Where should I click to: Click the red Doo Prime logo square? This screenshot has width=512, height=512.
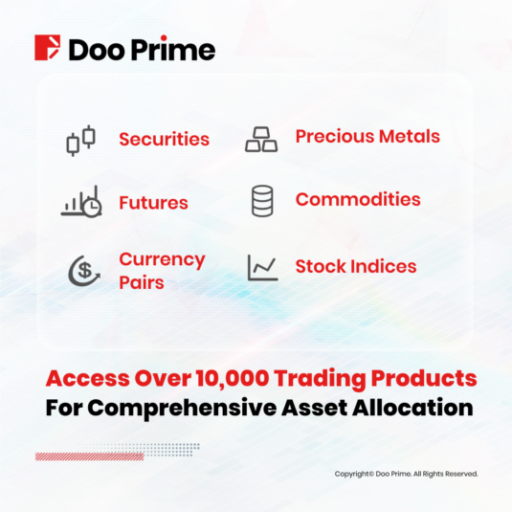click(47, 48)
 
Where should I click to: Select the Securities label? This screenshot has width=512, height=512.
click(165, 139)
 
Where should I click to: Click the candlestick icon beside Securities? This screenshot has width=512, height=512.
click(81, 141)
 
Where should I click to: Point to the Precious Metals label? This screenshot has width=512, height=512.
click(367, 136)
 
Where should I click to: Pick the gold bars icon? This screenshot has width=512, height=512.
click(261, 140)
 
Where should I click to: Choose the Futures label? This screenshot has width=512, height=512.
click(153, 203)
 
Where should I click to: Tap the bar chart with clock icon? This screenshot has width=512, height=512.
click(81, 201)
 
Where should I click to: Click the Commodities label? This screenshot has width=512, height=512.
click(358, 199)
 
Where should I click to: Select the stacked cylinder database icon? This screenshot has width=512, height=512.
click(262, 201)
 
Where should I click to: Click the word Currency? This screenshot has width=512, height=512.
click(163, 260)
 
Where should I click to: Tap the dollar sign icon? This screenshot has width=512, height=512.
click(84, 271)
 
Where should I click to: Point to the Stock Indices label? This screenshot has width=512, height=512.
click(356, 266)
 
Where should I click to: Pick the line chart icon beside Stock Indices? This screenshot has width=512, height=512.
click(263, 268)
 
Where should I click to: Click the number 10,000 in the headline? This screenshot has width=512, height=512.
click(233, 379)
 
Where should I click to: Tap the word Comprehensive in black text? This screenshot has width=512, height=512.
click(182, 409)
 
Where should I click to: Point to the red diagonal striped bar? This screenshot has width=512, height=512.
click(89, 456)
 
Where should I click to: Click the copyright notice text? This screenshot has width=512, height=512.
click(406, 474)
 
